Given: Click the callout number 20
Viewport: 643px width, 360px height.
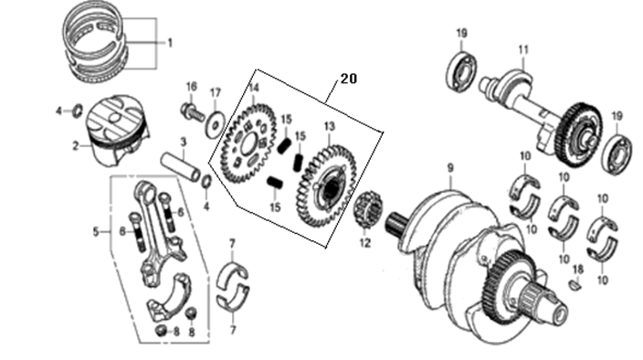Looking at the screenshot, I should tap(347, 79).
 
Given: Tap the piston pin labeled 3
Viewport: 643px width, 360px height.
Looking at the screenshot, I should tap(185, 166).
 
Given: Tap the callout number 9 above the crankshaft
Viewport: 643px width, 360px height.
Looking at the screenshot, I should tap(449, 168).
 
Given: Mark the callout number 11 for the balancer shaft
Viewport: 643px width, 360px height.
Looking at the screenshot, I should tap(523, 49).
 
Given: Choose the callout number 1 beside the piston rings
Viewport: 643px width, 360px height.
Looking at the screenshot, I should tap(168, 43).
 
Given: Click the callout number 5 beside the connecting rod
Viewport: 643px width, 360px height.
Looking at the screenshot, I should tap(96, 232).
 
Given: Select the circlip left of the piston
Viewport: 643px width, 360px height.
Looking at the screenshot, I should tap(77, 111).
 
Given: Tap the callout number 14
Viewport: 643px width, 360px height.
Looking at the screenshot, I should tap(254, 88).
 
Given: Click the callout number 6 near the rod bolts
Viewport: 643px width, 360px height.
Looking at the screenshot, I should tap(180, 212).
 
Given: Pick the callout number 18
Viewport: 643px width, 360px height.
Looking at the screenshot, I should tap(576, 269).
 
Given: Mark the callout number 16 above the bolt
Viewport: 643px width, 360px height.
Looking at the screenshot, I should tap(191, 87).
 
